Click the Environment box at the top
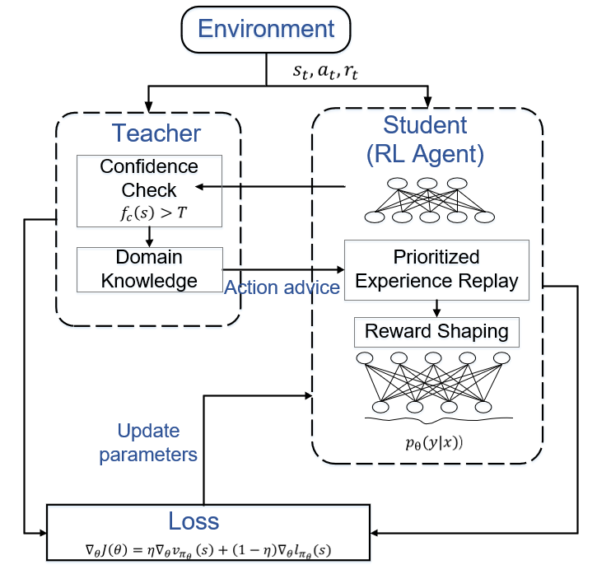click(266, 30)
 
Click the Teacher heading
click(156, 133)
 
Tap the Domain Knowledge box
click(149, 268)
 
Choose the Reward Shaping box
click(436, 332)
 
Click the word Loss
click(194, 521)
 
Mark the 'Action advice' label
click(282, 287)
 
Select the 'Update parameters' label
click(148, 442)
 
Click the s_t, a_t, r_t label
click(325, 72)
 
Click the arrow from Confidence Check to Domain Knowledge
click(149, 236)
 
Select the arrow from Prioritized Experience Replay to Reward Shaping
click(436, 306)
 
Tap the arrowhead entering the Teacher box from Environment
click(149, 106)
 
